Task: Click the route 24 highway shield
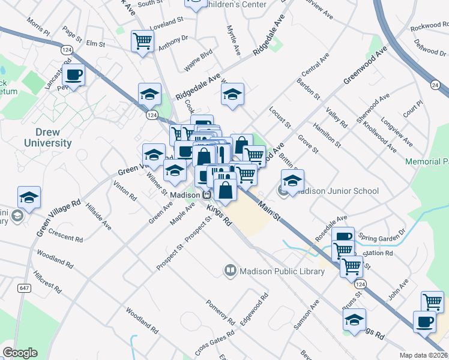point(434,85)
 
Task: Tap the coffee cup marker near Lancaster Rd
point(73,76)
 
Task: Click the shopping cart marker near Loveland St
point(142,41)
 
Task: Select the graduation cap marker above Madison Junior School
point(292,180)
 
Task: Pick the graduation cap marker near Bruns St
point(355,319)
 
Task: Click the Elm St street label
point(95,44)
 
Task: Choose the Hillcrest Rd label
point(47,280)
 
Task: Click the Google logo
point(20,353)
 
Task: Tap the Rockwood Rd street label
point(429,28)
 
